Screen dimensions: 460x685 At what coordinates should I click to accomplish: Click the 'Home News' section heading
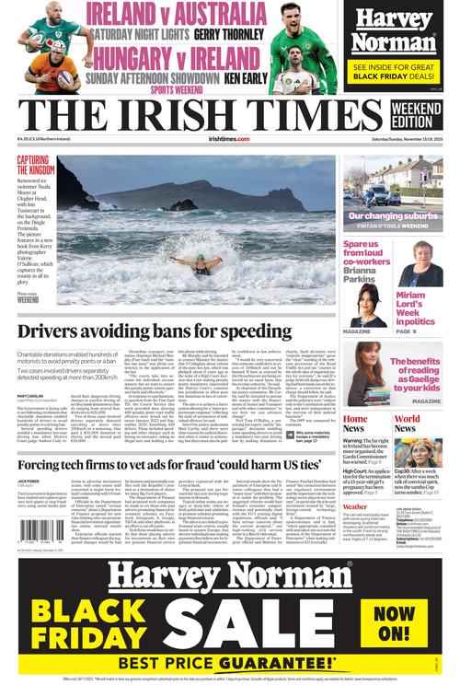[x=355, y=423]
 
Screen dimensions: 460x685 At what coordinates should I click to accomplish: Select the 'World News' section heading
[x=406, y=423]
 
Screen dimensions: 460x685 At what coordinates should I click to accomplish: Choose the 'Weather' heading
[x=355, y=506]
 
